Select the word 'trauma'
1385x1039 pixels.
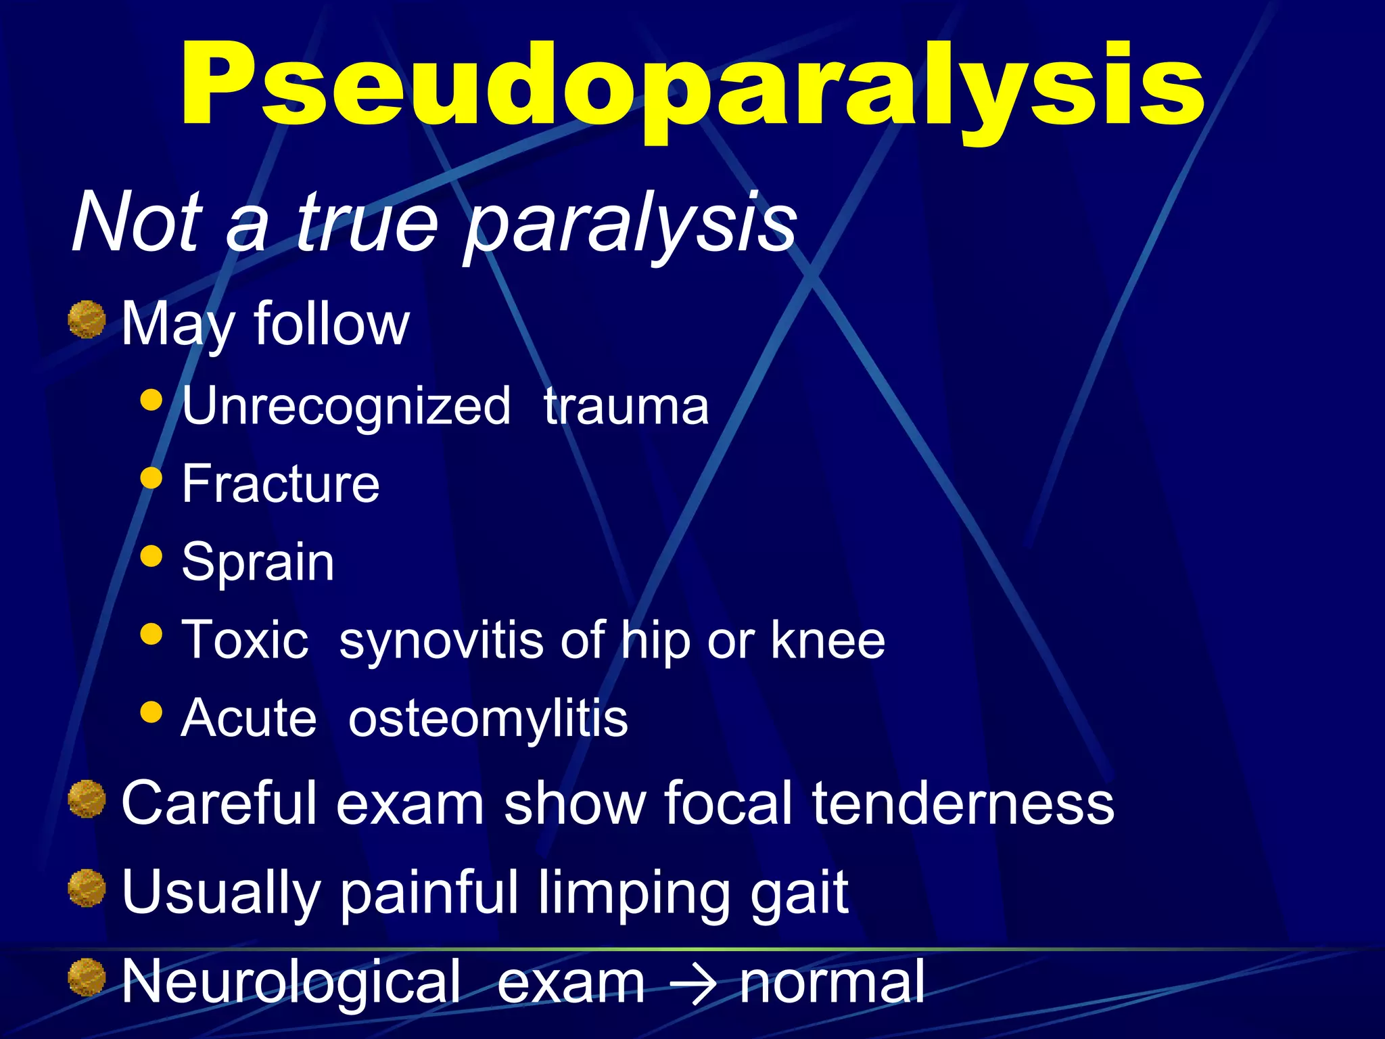tap(626, 406)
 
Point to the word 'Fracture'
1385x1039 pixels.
tap(281, 484)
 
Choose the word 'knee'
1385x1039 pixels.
tap(828, 639)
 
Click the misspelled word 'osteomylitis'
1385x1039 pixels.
tap(488, 718)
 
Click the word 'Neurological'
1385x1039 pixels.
tap(291, 982)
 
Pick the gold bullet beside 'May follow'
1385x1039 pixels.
tap(87, 319)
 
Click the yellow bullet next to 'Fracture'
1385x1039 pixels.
tap(151, 478)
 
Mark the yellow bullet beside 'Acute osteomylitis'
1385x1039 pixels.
tap(151, 712)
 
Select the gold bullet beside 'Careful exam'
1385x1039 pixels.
tap(87, 798)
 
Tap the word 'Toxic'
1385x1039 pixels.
tap(245, 639)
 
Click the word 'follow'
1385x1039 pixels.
tap(331, 323)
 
